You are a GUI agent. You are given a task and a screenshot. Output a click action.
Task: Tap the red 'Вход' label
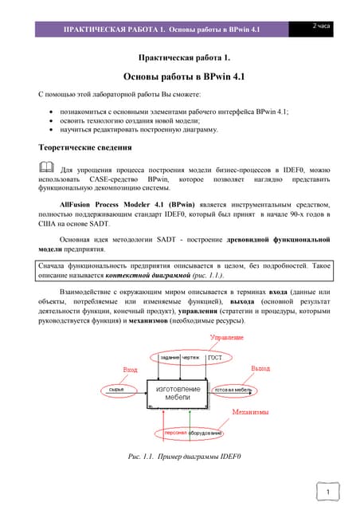click(x=129, y=370)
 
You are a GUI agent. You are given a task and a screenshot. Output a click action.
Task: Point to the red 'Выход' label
click(x=260, y=369)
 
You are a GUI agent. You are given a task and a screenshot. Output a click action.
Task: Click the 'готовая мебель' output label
click(x=233, y=389)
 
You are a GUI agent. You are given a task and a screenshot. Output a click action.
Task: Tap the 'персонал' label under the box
click(x=175, y=433)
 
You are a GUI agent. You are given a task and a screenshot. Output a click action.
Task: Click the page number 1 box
click(x=328, y=492)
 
